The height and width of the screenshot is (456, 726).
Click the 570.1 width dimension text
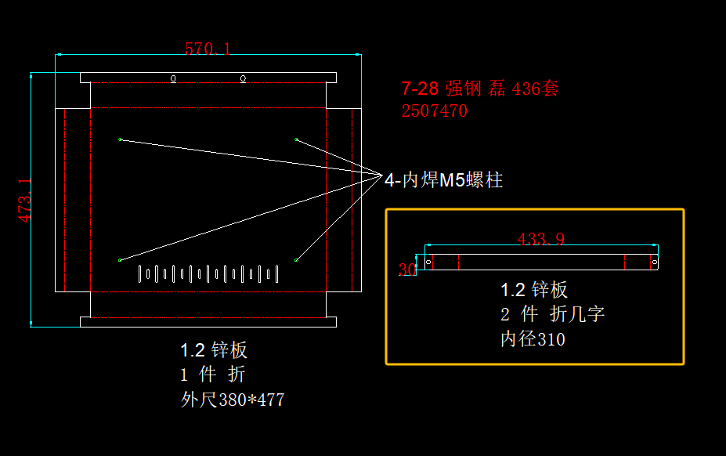coord(208,49)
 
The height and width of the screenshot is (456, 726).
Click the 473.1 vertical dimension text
coord(26,200)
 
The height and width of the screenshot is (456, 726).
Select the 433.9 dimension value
coord(541,239)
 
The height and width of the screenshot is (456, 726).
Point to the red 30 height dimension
coord(407,270)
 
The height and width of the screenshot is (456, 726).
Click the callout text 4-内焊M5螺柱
coord(443,180)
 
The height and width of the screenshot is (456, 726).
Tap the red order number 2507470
coord(434,111)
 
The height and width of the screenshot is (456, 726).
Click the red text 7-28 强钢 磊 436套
coord(479,89)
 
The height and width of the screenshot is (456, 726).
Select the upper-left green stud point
coord(120,139)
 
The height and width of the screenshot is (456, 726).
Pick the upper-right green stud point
coord(296,139)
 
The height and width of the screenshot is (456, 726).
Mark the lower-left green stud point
coord(120,259)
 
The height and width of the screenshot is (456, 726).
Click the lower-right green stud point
coord(296,259)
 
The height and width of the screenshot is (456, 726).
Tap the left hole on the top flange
coord(173,78)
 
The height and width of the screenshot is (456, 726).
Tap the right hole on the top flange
coord(243,78)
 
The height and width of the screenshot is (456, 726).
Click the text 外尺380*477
coord(233,400)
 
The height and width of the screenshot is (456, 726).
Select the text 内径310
coord(533,339)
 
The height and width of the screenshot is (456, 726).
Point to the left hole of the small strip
coord(428,262)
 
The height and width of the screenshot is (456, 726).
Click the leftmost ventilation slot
coord(139,273)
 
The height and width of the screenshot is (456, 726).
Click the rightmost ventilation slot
coord(277,273)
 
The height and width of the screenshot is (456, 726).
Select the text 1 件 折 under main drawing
coord(213,375)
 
